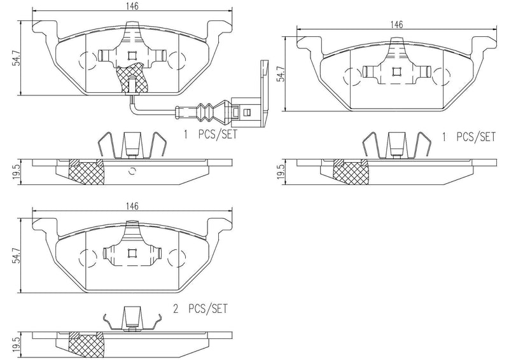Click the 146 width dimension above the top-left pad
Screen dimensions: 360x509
point(132,5)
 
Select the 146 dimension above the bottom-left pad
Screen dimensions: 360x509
point(132,206)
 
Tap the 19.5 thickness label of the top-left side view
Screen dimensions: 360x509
point(20,171)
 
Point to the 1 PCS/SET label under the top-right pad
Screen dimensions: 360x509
point(469,136)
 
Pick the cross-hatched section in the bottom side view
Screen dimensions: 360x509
point(86,345)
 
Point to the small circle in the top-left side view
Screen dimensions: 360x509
point(132,170)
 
